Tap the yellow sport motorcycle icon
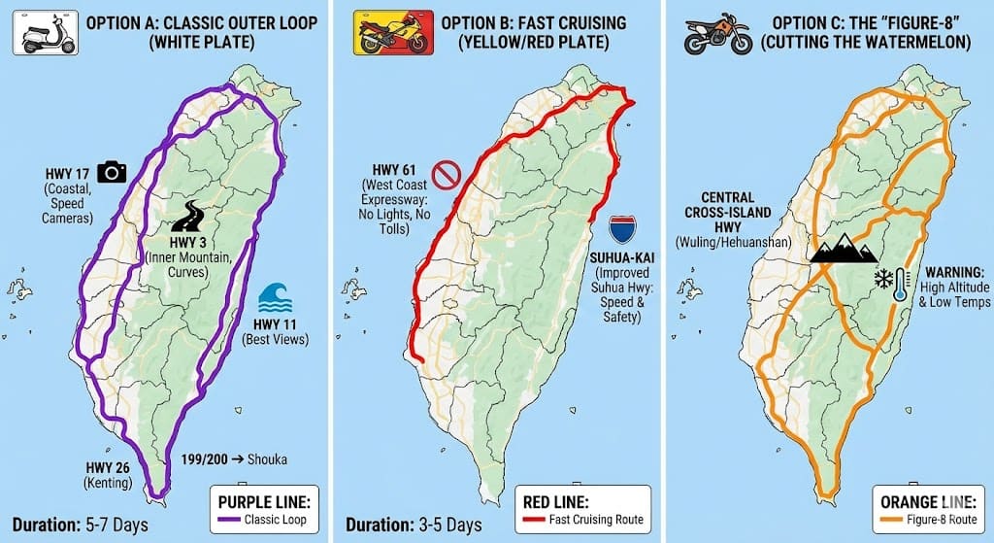pos(381,32)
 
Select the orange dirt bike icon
pos(717,33)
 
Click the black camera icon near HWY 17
pos(113,172)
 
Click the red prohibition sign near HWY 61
pos(446,176)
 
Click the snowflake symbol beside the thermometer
pos(883,280)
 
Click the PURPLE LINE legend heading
pos(262,502)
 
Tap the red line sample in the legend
pos(556,519)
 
